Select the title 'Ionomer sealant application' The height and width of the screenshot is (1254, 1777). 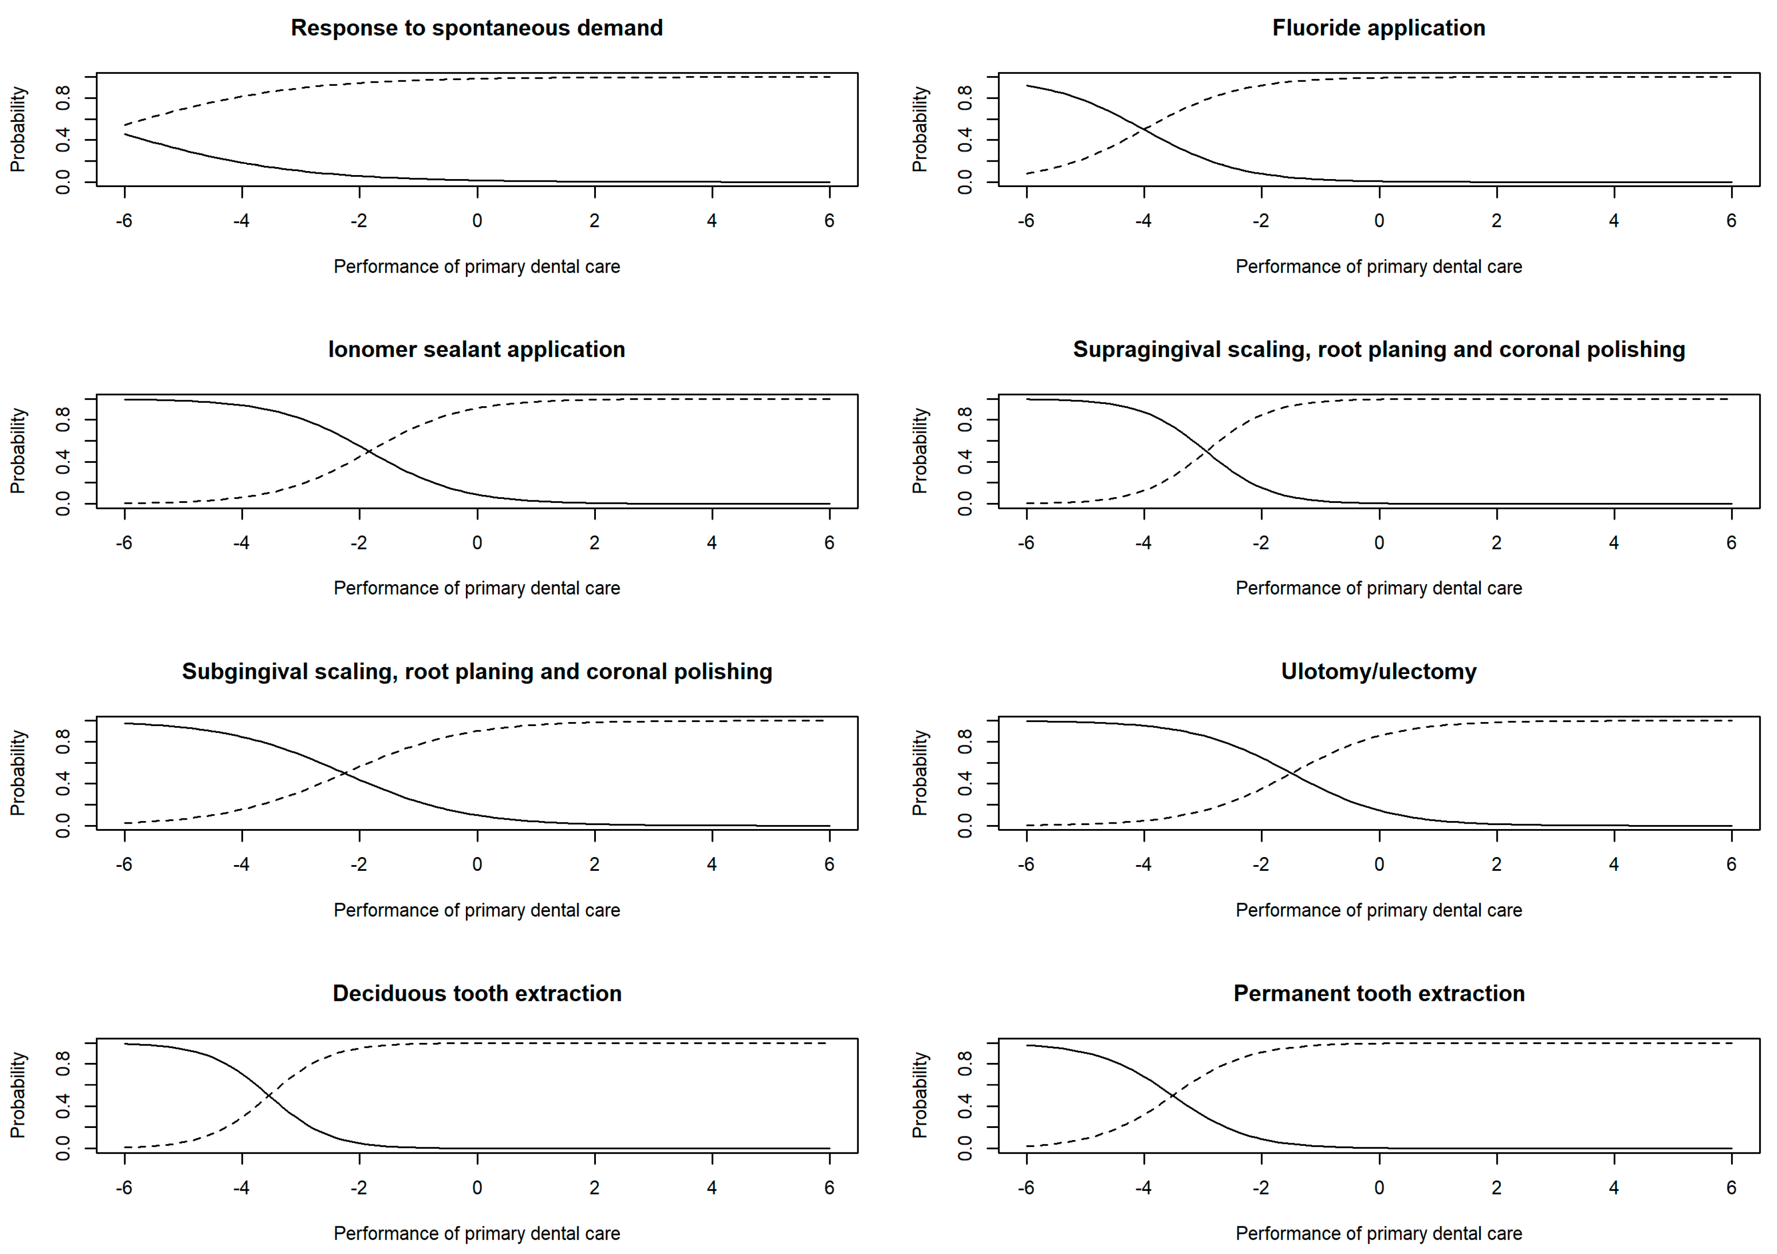[477, 349]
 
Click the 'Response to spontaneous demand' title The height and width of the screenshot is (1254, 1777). [477, 28]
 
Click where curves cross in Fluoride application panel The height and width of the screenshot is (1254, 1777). [1144, 130]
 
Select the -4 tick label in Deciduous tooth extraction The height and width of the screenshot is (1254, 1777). [241, 1188]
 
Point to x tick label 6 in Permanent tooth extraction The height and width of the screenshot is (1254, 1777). [1731, 1188]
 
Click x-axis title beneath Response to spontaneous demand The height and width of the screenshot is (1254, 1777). [477, 266]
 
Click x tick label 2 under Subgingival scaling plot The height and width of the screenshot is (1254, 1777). [595, 865]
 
